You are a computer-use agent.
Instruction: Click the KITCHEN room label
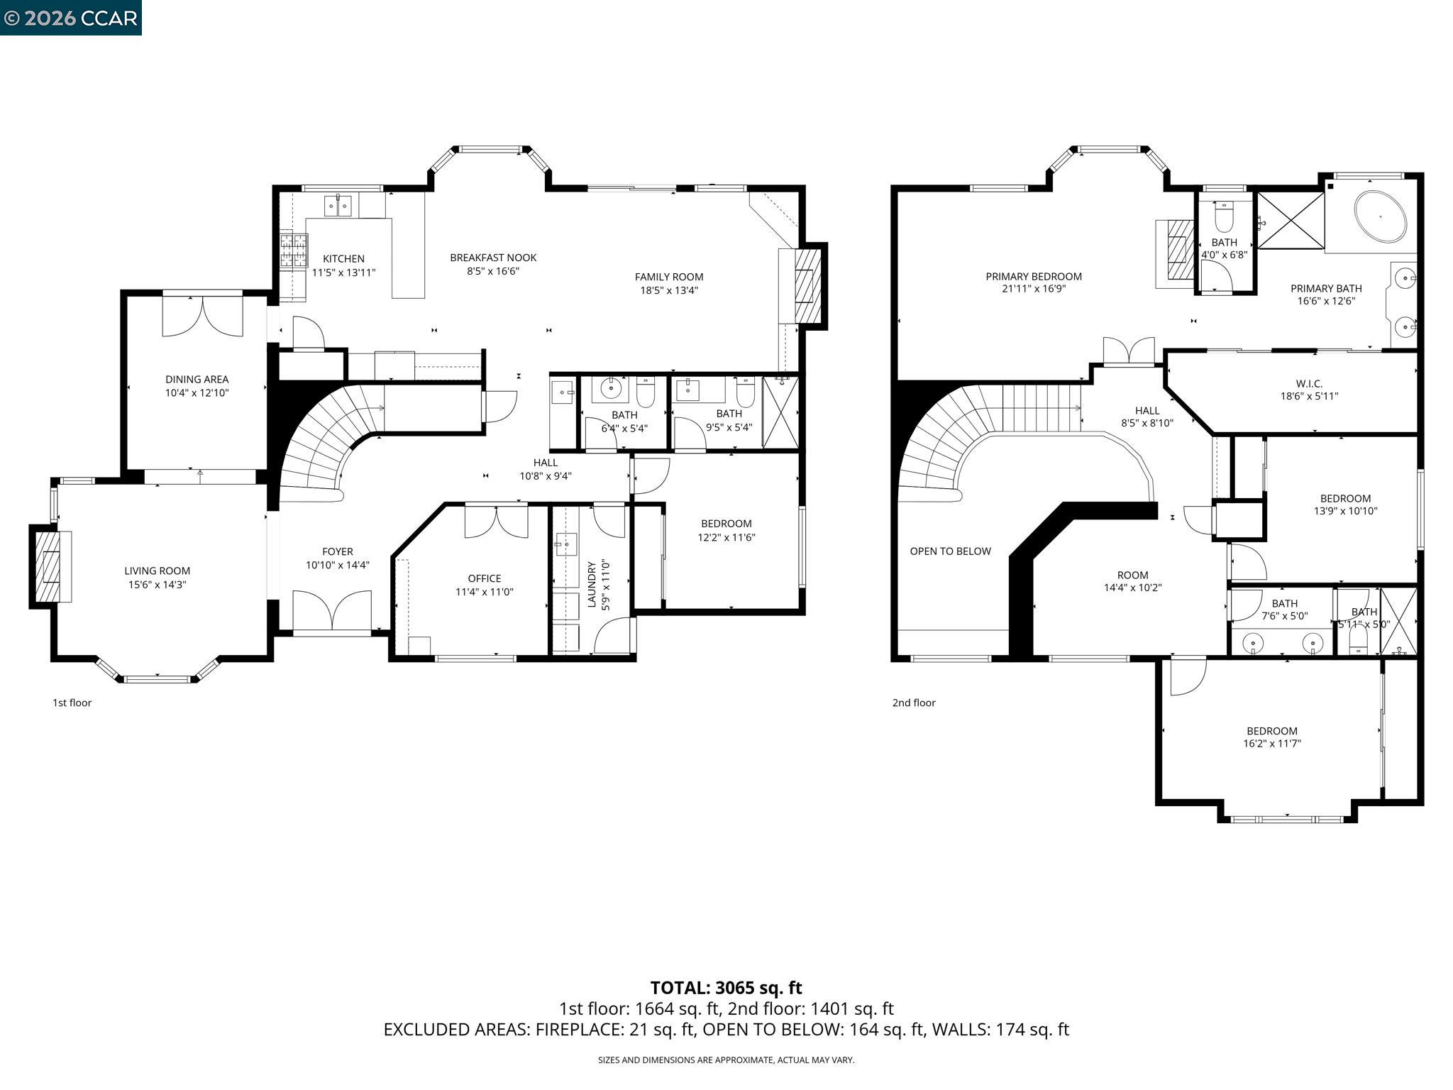343,259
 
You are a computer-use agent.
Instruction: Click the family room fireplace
807,286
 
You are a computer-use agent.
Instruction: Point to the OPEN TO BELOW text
950,551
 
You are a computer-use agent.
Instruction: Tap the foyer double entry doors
332,610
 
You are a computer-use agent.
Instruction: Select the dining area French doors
203,316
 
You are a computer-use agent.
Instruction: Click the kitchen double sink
338,206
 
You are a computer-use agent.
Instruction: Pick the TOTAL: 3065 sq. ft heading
726,988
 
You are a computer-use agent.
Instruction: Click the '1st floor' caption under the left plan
72,703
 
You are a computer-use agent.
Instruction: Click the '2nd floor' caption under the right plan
914,703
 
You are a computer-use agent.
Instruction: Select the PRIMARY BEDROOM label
1033,277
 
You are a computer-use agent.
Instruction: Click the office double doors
496,522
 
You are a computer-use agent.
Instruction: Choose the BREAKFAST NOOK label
493,258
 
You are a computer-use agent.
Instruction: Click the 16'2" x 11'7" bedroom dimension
1271,744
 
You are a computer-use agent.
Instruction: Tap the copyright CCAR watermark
70,18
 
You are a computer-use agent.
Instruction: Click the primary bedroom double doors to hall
1128,351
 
